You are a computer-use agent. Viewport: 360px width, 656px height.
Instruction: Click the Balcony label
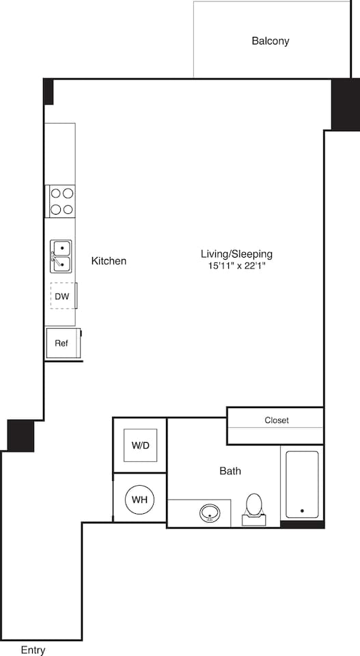click(x=270, y=41)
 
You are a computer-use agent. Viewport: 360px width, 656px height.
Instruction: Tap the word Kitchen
click(x=109, y=261)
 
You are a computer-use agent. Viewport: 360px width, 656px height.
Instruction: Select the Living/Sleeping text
click(x=236, y=254)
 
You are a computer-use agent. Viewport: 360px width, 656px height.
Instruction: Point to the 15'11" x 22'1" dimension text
click(x=236, y=266)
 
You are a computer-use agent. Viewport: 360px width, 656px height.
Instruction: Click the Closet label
click(x=277, y=420)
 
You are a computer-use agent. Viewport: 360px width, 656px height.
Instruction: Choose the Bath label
click(x=230, y=471)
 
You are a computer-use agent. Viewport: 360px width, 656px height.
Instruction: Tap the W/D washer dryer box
click(x=141, y=446)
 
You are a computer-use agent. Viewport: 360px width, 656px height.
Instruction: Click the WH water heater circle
click(x=139, y=500)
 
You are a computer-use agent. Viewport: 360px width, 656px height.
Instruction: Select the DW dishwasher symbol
click(x=62, y=296)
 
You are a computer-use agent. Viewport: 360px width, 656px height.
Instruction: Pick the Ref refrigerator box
click(x=61, y=344)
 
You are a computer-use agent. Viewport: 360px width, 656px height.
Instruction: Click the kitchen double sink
click(x=61, y=255)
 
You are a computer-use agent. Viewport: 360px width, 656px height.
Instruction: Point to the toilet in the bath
click(x=253, y=508)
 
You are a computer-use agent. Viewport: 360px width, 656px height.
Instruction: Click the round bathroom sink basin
click(x=210, y=512)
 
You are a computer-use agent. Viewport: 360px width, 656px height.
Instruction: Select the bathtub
click(x=301, y=484)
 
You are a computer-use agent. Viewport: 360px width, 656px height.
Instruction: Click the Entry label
click(x=33, y=650)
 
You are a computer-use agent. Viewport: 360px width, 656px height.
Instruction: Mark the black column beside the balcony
click(x=345, y=104)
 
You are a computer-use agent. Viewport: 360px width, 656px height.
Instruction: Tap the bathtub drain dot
click(x=302, y=510)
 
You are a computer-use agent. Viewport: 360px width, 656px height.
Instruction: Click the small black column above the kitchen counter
click(x=49, y=92)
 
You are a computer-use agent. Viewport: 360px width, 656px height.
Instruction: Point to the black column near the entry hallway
click(x=20, y=435)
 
